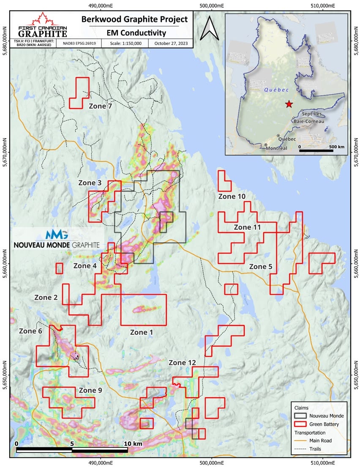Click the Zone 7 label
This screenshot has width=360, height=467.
[100, 107]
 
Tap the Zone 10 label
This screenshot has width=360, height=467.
[232, 197]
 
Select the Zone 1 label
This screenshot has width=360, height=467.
[141, 332]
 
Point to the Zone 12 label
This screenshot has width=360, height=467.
[182, 363]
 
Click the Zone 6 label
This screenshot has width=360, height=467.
[30, 331]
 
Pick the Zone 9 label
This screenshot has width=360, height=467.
[90, 390]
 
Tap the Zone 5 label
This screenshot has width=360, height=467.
[264, 267]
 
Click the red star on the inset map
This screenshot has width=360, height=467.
[289, 104]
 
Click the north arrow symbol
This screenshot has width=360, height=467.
[208, 28]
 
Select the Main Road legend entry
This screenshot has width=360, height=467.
[323, 440]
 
